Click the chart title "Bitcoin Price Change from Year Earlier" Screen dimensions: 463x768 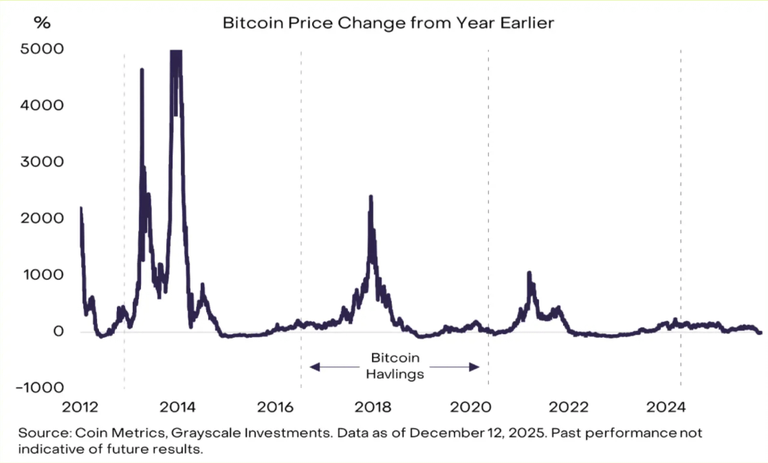[x=388, y=23]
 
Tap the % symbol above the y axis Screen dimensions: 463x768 [x=43, y=23]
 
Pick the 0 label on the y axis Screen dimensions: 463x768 [x=59, y=332]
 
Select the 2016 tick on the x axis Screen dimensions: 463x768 [x=276, y=407]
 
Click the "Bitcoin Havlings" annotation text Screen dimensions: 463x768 [x=395, y=366]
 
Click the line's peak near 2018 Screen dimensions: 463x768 [x=371, y=197]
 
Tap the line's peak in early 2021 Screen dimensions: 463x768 [x=529, y=273]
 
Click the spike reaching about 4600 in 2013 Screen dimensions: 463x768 [x=142, y=69]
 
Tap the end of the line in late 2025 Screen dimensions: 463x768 [x=760, y=332]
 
